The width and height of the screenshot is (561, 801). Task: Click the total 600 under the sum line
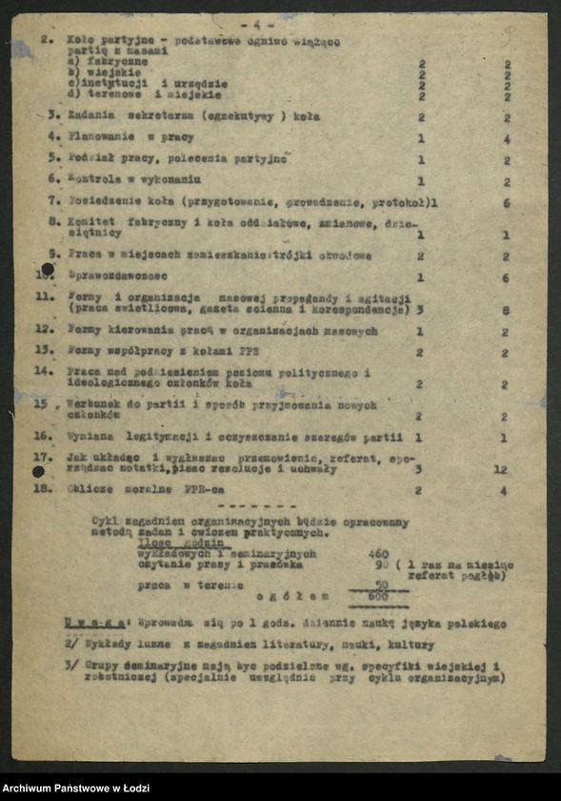pyautogui.click(x=378, y=596)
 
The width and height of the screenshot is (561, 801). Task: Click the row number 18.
pyautogui.click(x=42, y=490)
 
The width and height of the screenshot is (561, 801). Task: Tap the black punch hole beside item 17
pyautogui.click(x=39, y=471)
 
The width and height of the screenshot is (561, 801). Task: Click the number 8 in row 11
pyautogui.click(x=506, y=310)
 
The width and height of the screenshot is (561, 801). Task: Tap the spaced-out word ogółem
pyautogui.click(x=291, y=596)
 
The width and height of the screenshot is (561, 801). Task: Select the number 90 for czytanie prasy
pyautogui.click(x=380, y=564)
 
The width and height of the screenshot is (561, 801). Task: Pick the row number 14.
pyautogui.click(x=43, y=371)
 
